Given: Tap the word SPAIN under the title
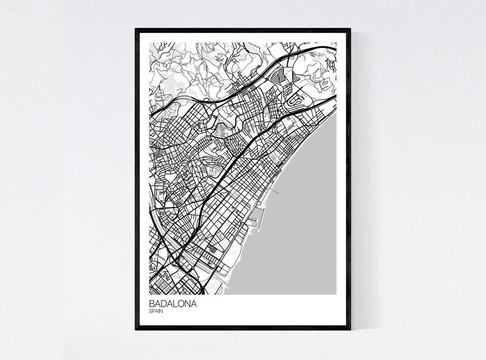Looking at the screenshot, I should (x=155, y=311).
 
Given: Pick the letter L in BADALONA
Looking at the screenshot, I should (x=174, y=303).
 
